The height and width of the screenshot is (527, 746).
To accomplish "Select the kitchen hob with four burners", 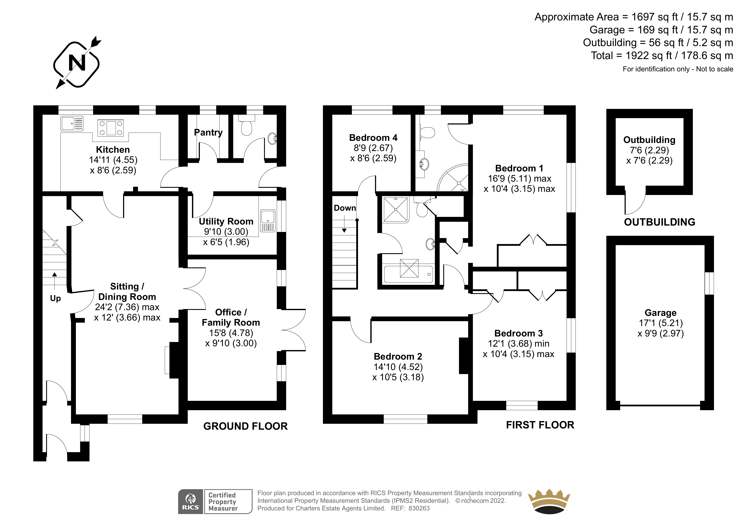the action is [111, 128].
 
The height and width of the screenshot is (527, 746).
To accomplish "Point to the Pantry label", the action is [208, 133].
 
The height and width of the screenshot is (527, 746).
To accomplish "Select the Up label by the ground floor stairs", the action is [55, 299].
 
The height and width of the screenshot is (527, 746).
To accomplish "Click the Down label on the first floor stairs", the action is [345, 208].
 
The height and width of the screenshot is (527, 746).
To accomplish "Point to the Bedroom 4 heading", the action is [373, 138].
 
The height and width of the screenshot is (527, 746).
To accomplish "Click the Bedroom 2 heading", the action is [398, 356].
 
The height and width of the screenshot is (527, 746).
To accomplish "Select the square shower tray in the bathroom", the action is [396, 209].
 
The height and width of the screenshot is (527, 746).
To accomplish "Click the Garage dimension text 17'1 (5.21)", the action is [661, 323].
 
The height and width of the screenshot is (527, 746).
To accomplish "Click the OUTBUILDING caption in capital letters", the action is [659, 222].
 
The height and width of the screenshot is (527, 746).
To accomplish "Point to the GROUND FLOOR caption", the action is [245, 426].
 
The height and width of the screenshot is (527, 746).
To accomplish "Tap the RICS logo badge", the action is [191, 502].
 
